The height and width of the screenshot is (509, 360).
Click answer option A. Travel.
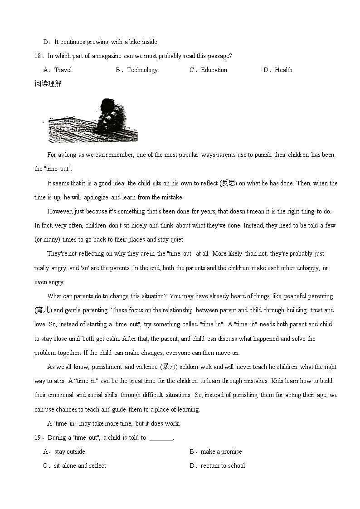58,70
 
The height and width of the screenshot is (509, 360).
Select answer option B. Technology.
137,70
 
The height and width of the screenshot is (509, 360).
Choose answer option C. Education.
209,70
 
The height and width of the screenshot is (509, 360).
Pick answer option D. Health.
279,70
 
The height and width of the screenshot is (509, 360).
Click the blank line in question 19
161,438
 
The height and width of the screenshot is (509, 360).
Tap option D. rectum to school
217,465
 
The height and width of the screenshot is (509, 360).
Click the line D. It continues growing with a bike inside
101,42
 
